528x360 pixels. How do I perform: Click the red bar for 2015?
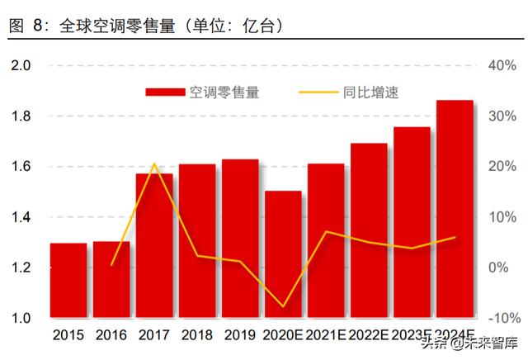coord(68,281)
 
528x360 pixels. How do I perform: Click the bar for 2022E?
coord(369,230)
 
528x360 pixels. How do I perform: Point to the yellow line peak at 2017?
coord(155,163)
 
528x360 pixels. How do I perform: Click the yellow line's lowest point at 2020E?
coord(284,306)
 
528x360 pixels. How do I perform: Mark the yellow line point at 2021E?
coord(327,231)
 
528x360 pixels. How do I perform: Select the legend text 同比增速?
coord(372,92)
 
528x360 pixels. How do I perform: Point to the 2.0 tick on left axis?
coord(21,65)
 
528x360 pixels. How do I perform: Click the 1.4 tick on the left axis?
coord(21,217)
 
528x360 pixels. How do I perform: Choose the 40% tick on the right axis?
coord(502,65)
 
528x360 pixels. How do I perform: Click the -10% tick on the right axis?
coord(501,319)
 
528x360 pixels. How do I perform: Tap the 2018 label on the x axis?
coord(197,335)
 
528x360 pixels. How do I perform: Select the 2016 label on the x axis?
coord(111,335)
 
